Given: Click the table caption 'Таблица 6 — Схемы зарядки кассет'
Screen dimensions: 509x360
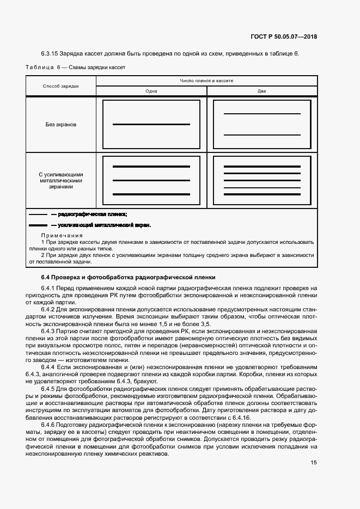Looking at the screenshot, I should pos(76,68).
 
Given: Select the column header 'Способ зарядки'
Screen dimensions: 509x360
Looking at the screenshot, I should pos(61,86).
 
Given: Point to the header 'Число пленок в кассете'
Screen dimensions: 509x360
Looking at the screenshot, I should pos(206,81).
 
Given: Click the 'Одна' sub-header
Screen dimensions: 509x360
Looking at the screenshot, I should pos(151,91).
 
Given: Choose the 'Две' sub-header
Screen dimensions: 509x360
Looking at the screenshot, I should pos(262,91).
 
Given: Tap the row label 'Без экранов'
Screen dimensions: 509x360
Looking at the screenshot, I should pos(61,124).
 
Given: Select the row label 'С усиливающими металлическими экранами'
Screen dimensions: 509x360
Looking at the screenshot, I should pos(61,180).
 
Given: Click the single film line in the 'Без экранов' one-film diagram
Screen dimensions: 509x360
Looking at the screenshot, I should pos(151,125).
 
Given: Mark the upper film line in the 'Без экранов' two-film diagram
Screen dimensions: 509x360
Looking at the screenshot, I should pos(262,114).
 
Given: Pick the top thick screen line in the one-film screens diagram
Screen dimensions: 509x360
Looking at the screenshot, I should pos(151,167).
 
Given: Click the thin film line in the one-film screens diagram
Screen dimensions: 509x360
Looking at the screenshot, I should pos(151,180).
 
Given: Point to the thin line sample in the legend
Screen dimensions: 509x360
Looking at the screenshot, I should pos(38,214).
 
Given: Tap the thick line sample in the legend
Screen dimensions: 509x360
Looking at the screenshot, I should pos(38,225).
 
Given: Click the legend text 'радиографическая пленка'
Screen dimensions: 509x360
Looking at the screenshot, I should pos(92,214).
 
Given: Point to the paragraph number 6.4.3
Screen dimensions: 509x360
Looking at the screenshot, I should pos(49,330).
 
